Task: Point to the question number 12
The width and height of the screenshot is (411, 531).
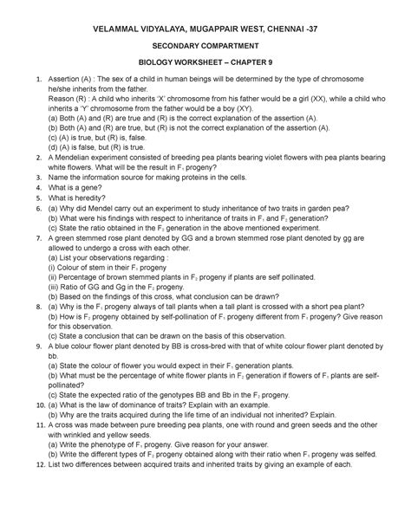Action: click(x=29, y=463)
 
